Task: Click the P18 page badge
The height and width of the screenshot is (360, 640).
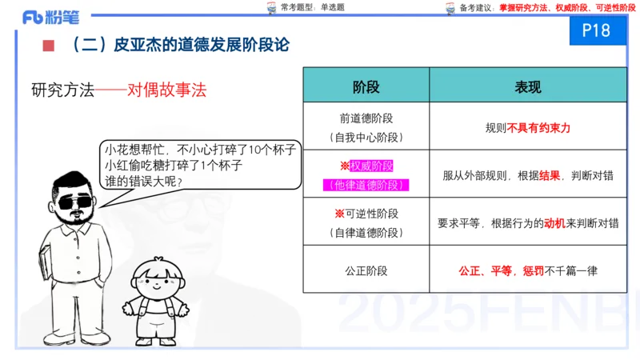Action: [597, 30]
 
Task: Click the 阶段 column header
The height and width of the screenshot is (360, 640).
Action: [366, 86]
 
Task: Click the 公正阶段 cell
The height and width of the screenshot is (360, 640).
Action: [366, 270]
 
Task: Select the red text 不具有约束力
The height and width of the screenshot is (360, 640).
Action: [539, 127]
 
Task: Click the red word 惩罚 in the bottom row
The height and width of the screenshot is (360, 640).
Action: [533, 270]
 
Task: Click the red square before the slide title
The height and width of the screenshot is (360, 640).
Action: [48, 46]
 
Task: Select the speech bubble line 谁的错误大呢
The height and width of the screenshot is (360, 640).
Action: [143, 181]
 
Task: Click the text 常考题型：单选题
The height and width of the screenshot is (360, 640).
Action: [307, 8]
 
